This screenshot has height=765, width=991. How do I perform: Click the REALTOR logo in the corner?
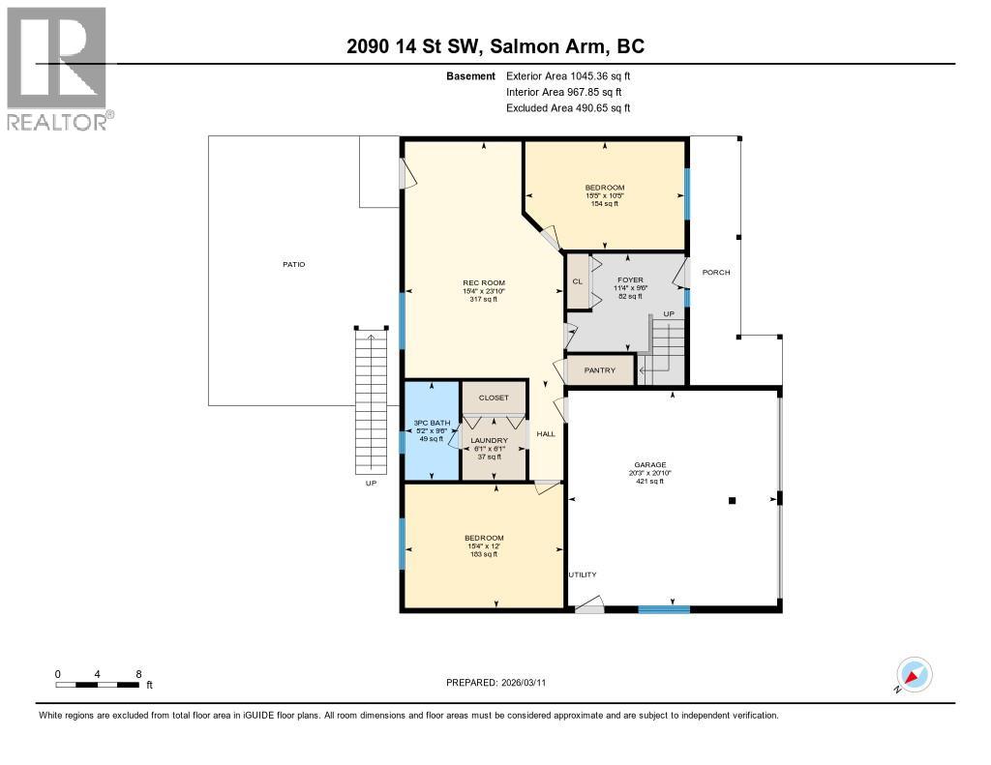55,68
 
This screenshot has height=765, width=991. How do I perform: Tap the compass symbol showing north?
914,674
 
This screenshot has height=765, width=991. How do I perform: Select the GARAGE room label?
649,465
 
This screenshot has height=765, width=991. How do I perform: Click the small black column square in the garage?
733,500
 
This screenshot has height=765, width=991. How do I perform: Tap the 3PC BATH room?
431,430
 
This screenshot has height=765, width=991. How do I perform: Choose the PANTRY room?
600,370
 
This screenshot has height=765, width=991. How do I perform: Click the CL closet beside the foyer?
578,281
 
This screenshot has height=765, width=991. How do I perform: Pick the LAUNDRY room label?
489,441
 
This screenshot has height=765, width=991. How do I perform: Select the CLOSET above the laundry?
494,397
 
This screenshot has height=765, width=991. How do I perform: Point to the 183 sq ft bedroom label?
484,545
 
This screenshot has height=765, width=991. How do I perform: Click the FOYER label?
630,280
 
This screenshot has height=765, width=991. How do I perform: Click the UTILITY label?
582,574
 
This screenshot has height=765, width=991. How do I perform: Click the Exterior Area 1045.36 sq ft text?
570,75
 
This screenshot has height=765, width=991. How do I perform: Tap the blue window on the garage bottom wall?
664,609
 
